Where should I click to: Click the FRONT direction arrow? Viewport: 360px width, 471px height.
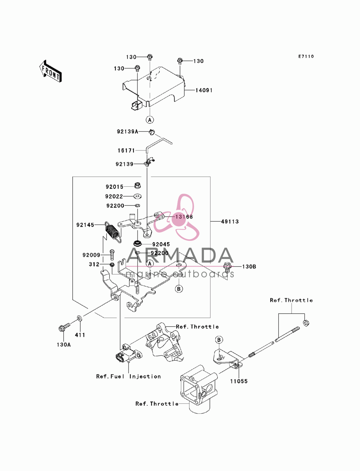click(x=50, y=71)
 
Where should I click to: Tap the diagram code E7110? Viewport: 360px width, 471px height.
click(x=306, y=56)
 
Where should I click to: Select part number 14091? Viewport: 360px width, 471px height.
click(x=204, y=90)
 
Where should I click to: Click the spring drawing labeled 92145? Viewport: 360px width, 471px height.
click(x=113, y=232)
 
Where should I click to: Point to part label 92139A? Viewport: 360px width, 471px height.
click(x=127, y=131)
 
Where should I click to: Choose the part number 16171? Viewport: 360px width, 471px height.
click(x=126, y=151)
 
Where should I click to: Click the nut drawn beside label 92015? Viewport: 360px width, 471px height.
click(x=137, y=185)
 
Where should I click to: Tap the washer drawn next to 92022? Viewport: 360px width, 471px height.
click(x=138, y=196)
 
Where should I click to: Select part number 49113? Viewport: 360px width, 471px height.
click(x=230, y=221)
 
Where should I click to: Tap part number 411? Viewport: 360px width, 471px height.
click(x=80, y=335)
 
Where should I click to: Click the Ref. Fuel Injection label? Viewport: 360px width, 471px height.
click(x=129, y=376)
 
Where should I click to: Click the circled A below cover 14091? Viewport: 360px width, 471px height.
click(x=150, y=119)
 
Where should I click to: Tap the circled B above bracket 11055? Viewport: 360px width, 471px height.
click(x=219, y=340)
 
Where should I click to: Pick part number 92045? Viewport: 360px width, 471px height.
click(x=161, y=244)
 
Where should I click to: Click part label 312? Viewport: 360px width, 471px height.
click(x=94, y=264)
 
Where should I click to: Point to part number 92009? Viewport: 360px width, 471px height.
click(x=91, y=255)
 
